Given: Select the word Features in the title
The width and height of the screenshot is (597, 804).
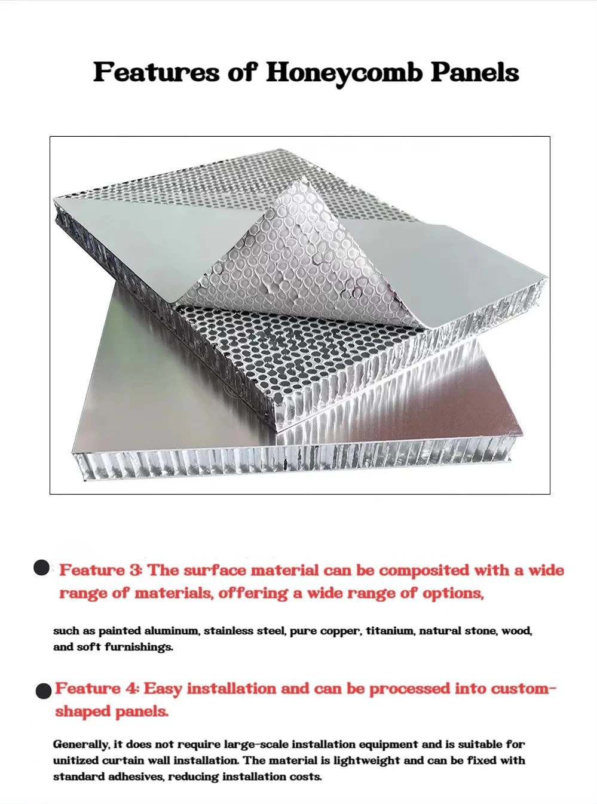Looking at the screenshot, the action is tap(157, 72).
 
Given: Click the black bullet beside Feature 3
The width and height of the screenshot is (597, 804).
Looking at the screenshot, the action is tap(41, 568).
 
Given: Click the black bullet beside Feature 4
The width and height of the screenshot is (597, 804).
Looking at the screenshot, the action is tap(44, 690).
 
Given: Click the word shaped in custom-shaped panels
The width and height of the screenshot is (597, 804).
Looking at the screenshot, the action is tap(82, 712).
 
